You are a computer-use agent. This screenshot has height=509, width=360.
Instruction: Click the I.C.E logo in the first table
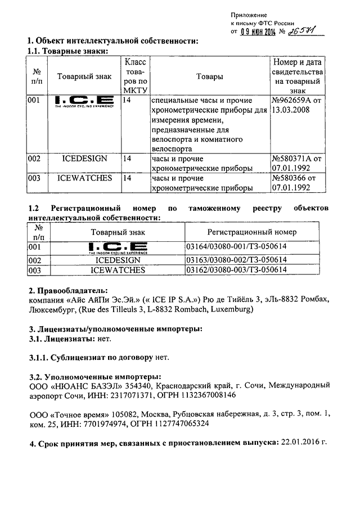pyautogui.click(x=84, y=102)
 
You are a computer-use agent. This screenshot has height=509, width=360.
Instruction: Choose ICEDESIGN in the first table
pyautogui.click(x=84, y=159)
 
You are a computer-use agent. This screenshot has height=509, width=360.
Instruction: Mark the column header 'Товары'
pyautogui.click(x=209, y=76)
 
